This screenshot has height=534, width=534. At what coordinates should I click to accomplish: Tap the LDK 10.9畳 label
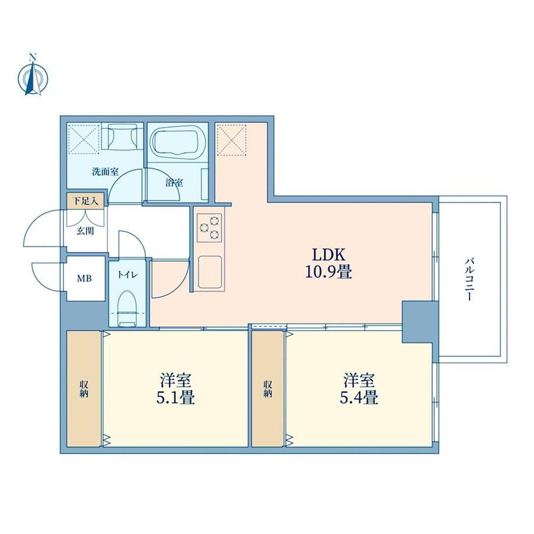click(329, 264)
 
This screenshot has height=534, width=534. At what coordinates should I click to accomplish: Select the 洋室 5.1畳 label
click(175, 388)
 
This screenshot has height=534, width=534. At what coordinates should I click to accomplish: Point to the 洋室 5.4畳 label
click(359, 388)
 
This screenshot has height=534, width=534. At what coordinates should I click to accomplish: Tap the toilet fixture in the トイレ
click(127, 308)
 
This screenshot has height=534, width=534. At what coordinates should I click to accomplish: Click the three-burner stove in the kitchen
click(210, 227)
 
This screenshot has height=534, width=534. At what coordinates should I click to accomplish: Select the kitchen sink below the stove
click(210, 272)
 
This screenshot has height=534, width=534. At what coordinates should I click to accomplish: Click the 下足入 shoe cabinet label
click(86, 201)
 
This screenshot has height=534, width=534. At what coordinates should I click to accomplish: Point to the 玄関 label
click(85, 231)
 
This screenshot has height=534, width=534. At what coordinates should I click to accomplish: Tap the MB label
click(84, 279)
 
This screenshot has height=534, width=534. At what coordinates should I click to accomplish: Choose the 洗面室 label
click(105, 172)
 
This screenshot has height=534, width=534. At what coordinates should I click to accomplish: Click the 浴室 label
click(174, 183)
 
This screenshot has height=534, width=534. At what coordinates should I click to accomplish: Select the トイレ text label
click(128, 275)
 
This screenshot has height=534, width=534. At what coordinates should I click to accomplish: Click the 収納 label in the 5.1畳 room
click(84, 388)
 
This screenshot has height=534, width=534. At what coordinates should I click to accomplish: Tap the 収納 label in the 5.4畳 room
click(268, 388)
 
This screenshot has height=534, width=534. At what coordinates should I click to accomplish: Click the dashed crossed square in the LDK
click(232, 140)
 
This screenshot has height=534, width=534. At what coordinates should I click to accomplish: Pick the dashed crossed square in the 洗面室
click(84, 139)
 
